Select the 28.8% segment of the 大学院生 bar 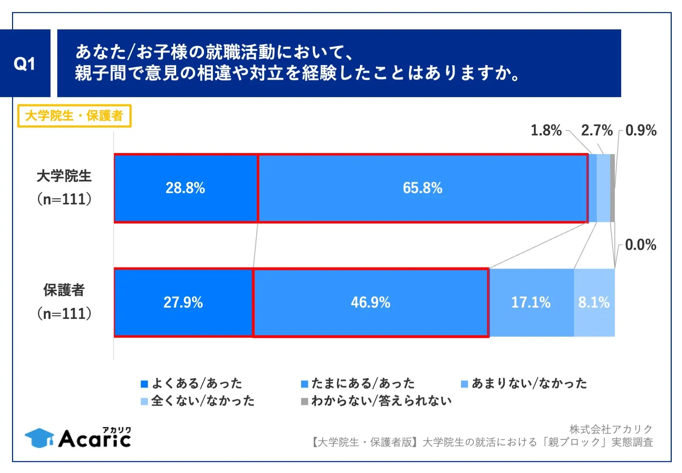pyautogui.click(x=186, y=188)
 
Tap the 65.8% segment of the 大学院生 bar pyautogui.click(x=423, y=188)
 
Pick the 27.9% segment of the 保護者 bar pyautogui.click(x=183, y=303)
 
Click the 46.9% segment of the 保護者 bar pyautogui.click(x=371, y=303)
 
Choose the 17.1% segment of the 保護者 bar pyautogui.click(x=531, y=303)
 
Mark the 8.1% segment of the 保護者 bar pyautogui.click(x=594, y=303)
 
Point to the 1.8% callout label pyautogui.click(x=546, y=130)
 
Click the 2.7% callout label pyautogui.click(x=597, y=130)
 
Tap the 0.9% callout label pyautogui.click(x=641, y=130)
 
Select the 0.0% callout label pyautogui.click(x=640, y=245)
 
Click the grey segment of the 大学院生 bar pyautogui.click(x=612, y=188)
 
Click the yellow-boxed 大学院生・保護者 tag pyautogui.click(x=74, y=116)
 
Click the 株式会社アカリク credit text pyautogui.click(x=611, y=429)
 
